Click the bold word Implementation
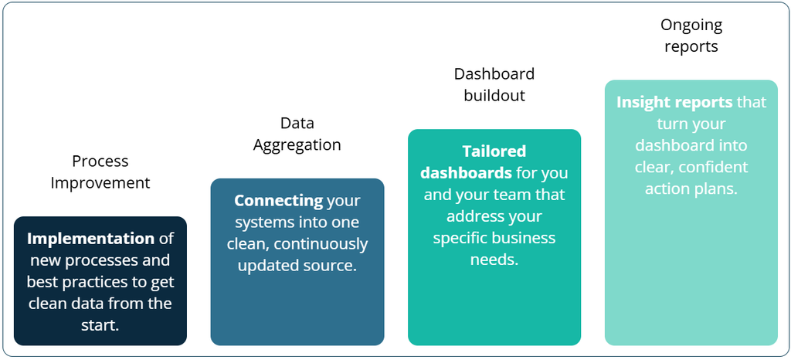[x=91, y=239]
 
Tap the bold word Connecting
[x=278, y=201]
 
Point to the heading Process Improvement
[x=100, y=172]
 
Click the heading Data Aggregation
[x=297, y=134]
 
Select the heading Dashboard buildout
[x=494, y=84]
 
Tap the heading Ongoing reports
[x=691, y=36]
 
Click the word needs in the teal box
[x=494, y=260]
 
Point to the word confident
[x=720, y=167]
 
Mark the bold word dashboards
[x=466, y=173]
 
